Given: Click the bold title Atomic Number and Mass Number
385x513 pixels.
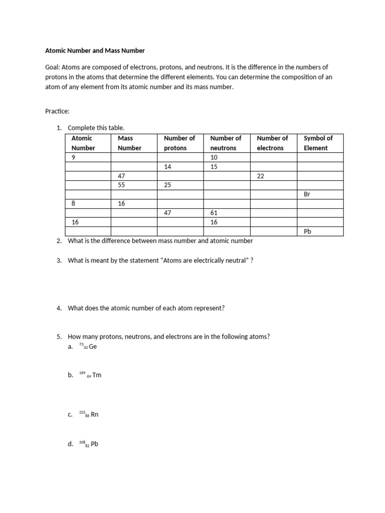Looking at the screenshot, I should coord(95,51).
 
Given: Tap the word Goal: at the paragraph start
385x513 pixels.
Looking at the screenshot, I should coord(54,67).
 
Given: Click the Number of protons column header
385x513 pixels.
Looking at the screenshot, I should coord(179,143).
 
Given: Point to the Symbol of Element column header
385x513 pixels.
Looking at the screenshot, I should coord(318,143).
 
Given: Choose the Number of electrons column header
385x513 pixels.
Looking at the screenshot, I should coord(272,143).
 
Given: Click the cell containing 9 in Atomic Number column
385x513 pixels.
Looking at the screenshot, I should coord(74,157).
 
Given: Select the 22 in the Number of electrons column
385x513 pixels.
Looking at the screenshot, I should coord(260,176).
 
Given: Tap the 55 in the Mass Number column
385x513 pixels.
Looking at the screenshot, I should coord(121,185).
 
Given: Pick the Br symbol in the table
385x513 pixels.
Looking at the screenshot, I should coord(308,194).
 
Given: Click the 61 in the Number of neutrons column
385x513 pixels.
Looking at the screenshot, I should coord(214,213).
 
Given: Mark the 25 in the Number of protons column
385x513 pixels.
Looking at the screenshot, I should coord(168,185).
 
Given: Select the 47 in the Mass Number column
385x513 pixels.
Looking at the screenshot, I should coord(121,176).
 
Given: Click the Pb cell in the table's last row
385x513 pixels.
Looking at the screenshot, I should coord(308,231).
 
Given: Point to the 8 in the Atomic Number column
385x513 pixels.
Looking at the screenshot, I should coord(74,203).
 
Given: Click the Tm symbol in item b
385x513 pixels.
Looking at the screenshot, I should coord(97,375).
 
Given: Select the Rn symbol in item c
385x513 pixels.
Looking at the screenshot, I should coord(95,415).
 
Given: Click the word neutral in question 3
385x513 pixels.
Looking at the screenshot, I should coord(229,261).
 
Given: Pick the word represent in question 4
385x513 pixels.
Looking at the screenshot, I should coord(211,308).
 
